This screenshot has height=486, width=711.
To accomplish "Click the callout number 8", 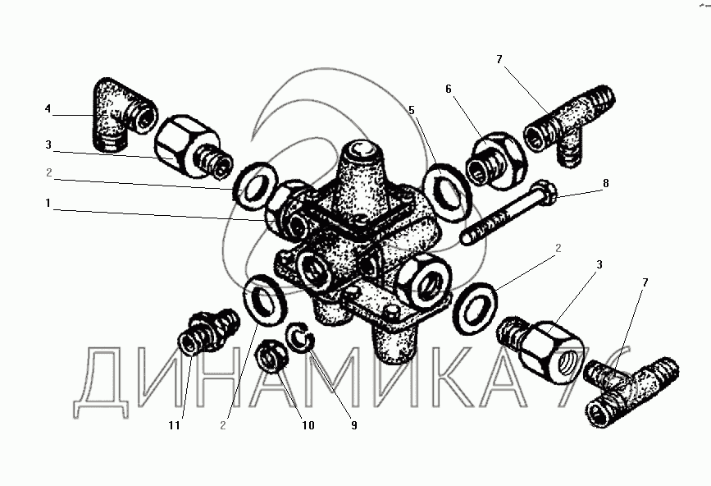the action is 606,184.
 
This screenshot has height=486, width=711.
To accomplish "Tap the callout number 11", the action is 175,425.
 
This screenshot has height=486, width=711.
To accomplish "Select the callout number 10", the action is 308,425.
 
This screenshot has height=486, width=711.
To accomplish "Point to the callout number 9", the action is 353,425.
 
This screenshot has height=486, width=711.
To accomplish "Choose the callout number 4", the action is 48,109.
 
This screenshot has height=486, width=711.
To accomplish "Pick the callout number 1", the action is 48,203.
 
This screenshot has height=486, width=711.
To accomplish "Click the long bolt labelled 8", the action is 508,213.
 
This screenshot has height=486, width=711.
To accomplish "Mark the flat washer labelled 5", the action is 447,195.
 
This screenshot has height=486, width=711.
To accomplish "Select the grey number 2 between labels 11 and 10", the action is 222,425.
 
